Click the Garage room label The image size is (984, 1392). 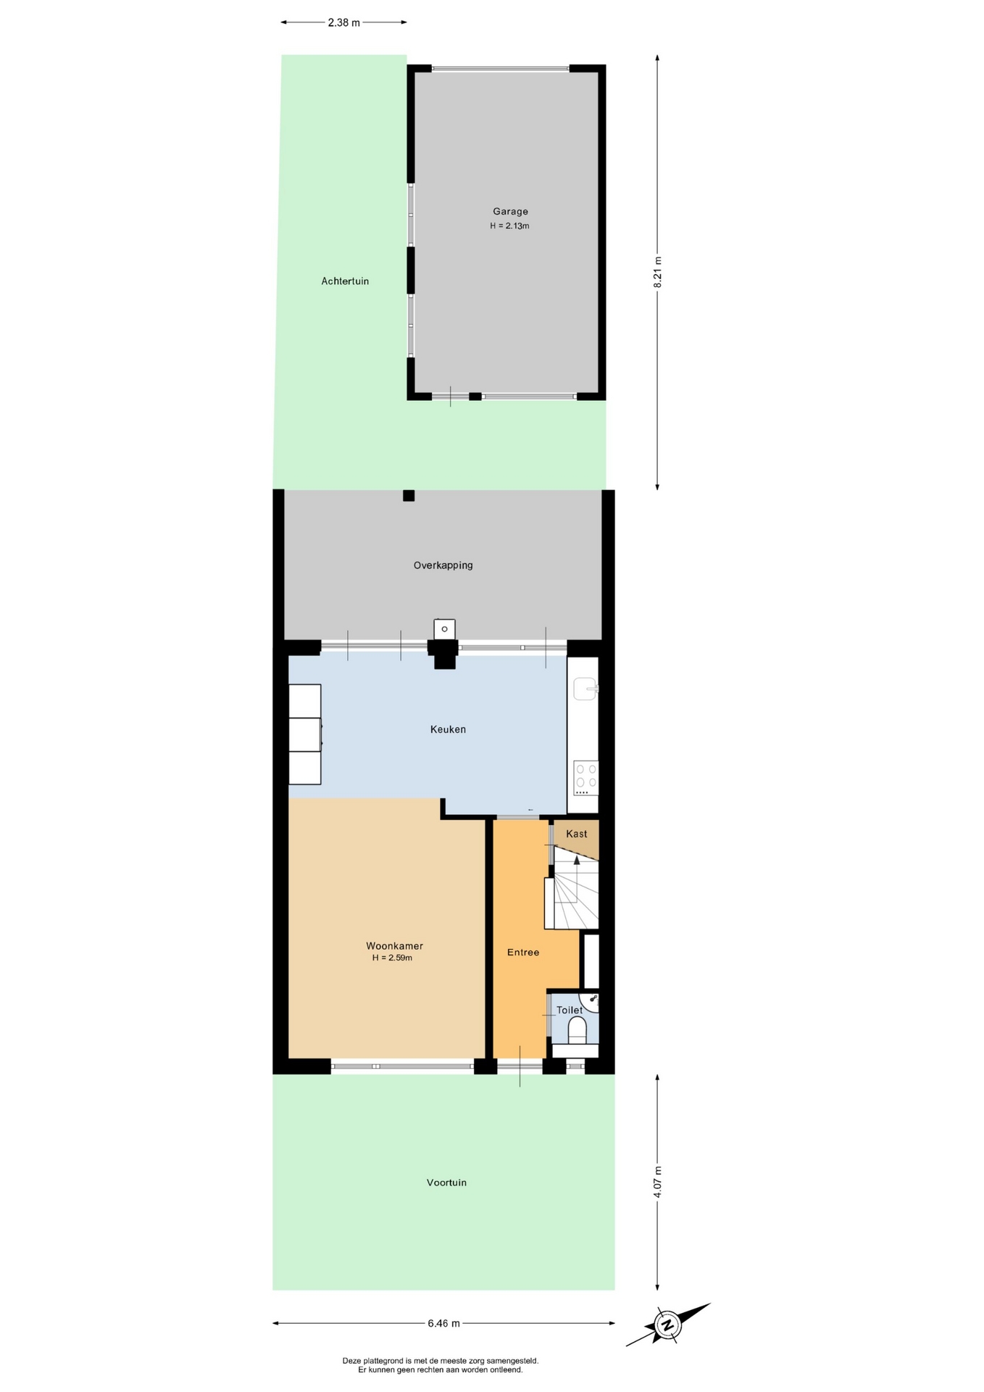(x=510, y=212)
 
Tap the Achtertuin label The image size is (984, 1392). (x=345, y=281)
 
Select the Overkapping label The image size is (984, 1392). (x=443, y=565)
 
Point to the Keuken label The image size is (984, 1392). (x=448, y=729)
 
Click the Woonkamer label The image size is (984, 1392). (x=394, y=946)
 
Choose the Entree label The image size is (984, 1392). (x=523, y=953)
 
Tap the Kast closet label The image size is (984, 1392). (x=577, y=834)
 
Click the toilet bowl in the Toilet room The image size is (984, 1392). (x=577, y=1029)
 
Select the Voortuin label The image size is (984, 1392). (x=446, y=1182)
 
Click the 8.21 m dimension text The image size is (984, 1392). (x=658, y=273)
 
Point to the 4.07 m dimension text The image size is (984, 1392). (x=658, y=1182)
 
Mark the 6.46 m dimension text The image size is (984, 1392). (x=443, y=1323)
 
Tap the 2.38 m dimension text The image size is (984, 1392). (x=343, y=22)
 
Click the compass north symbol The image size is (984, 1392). (x=667, y=1325)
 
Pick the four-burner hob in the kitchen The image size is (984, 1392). (x=586, y=776)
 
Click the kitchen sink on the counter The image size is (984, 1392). (x=585, y=688)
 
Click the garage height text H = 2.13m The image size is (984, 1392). (x=509, y=226)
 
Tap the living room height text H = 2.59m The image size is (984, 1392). (x=392, y=958)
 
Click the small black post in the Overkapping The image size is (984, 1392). (x=409, y=496)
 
